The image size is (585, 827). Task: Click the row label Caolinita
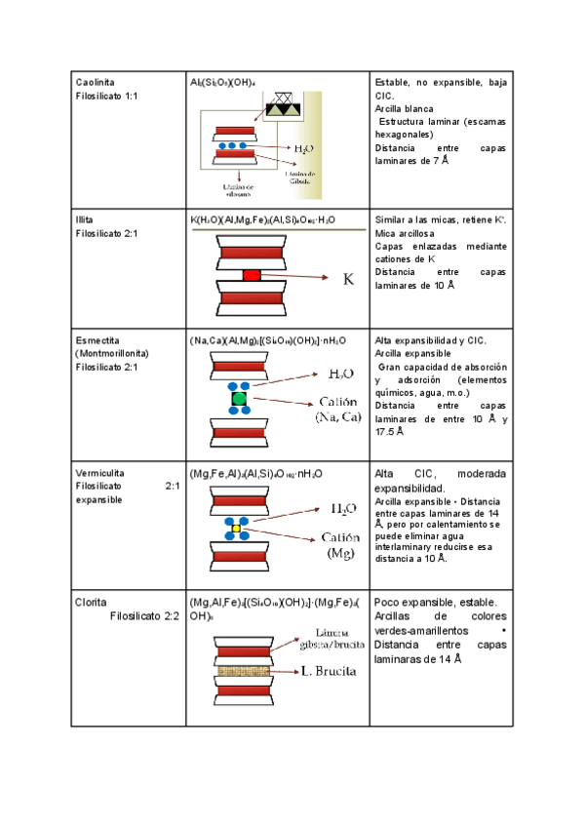pos(93,85)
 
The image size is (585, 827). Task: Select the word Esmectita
pos(96,340)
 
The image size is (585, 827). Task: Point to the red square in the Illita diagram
pos(252,276)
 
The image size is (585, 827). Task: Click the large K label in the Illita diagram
pos(348,279)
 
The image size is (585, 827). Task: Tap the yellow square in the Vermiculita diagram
pos(235,528)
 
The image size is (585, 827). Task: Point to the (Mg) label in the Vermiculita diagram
pos(340,553)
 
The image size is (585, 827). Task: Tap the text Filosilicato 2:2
pos(145,615)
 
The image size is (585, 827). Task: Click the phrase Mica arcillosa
pos(405,234)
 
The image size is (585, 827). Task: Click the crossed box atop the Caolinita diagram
pos(286,98)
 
